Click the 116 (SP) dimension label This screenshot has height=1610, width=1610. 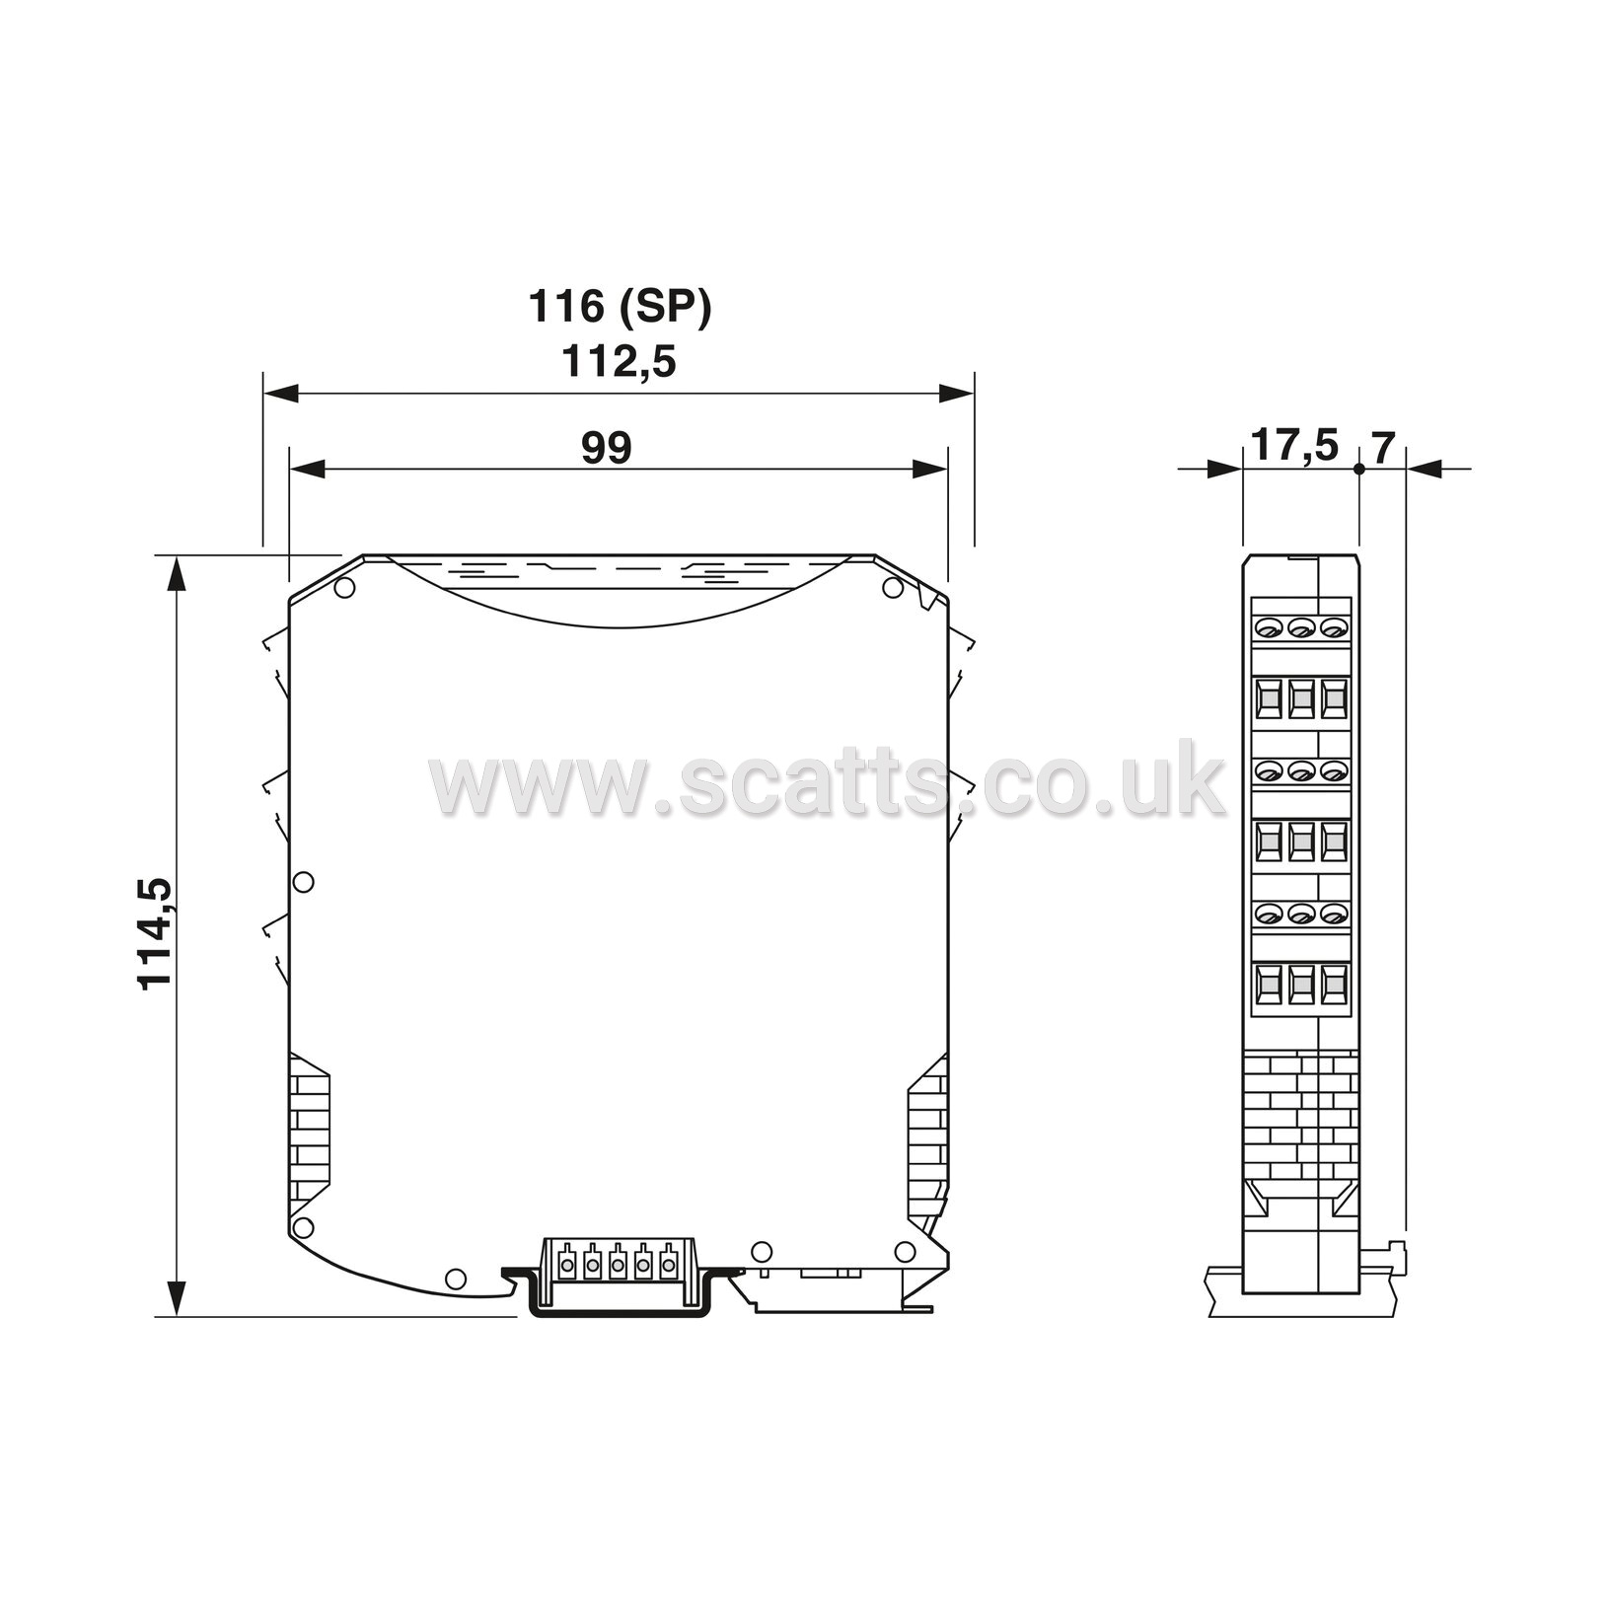pyautogui.click(x=620, y=307)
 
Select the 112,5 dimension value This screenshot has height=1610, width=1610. pyautogui.click(x=619, y=362)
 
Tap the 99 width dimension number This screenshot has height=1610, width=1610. pyautogui.click(x=606, y=448)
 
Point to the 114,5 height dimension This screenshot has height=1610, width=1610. pyautogui.click(x=155, y=932)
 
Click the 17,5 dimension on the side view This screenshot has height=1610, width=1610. pyautogui.click(x=1294, y=446)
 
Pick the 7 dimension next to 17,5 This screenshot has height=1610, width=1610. pyautogui.click(x=1383, y=448)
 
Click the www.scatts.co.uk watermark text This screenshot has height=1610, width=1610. pyautogui.click(x=827, y=779)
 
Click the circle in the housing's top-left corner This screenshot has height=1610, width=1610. pyautogui.click(x=344, y=589)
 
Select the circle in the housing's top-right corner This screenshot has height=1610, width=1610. pyautogui.click(x=893, y=589)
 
